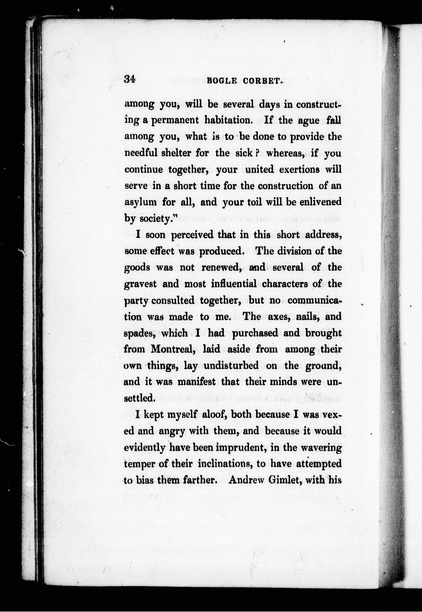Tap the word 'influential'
click(234, 284)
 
